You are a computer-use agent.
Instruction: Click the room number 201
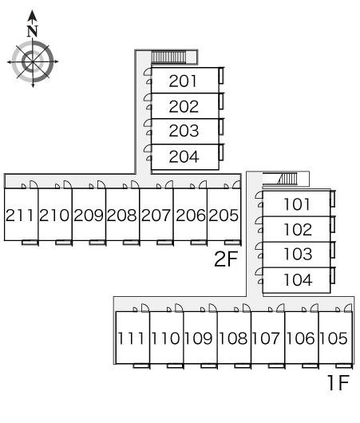coord(183,81)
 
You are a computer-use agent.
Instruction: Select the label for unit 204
coord(184,156)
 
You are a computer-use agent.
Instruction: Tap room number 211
coord(19,215)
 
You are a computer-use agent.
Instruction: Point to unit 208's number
coord(121,215)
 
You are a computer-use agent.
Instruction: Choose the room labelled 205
coord(224,215)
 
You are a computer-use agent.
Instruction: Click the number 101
coord(297,204)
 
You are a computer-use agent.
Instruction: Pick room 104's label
coord(298,279)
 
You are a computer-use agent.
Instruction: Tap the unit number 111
coord(131,338)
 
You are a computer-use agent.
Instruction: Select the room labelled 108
coord(233,338)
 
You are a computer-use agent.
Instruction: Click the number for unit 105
coord(334,338)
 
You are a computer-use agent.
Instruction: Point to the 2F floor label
coord(226,259)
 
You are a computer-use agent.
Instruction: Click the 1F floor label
coord(338,382)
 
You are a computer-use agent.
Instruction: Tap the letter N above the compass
coord(33,31)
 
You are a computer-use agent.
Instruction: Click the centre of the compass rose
coord(33,61)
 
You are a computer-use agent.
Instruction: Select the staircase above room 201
coord(168,57)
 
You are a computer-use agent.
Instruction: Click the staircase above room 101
coord(287,179)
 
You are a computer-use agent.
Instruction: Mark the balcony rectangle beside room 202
coord(221,101)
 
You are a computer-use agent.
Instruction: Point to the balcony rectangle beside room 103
coord(333,250)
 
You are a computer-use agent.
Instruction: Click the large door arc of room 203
coord(148,123)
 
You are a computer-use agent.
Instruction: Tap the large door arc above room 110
coord(179,307)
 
